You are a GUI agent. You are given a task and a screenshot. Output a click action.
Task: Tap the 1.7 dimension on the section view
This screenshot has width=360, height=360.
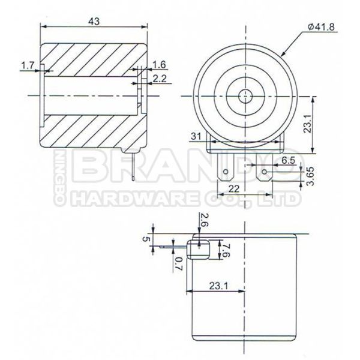pos(27,64)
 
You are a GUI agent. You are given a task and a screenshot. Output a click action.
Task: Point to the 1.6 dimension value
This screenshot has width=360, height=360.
pos(159,64)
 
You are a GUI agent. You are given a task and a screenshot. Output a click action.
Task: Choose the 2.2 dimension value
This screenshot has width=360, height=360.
pos(160,78)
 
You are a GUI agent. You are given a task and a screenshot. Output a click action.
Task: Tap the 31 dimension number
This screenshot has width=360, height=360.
pos(196,137)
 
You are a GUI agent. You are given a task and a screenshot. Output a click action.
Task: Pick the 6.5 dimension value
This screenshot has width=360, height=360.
pos(287,160)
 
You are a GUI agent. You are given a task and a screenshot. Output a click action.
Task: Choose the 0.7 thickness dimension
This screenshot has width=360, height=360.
pos(178,262)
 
